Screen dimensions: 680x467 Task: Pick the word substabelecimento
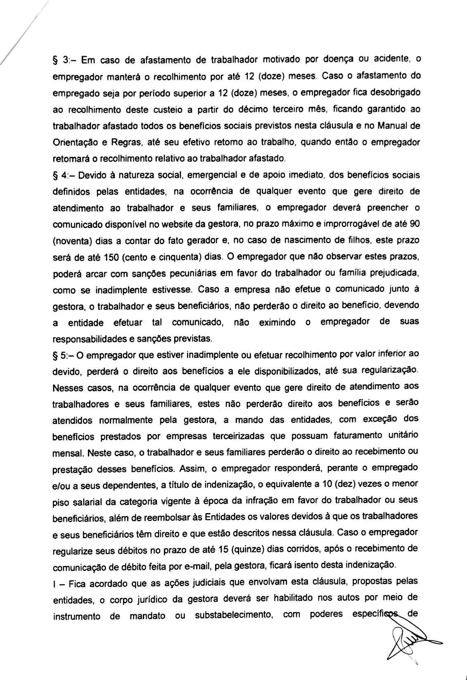232,615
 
